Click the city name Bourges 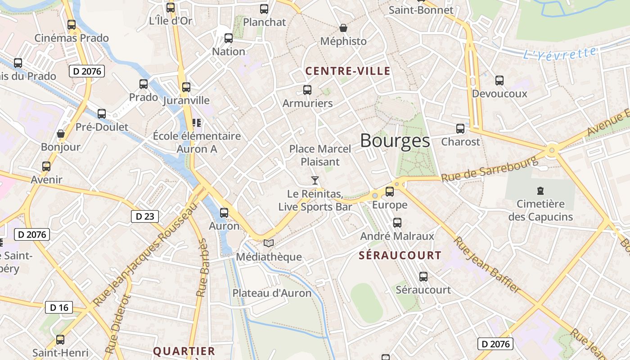point(395,141)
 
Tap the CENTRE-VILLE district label point(348,71)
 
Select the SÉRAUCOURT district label point(400,256)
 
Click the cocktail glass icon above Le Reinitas point(315,180)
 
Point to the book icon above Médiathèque point(269,243)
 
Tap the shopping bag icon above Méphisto point(343,28)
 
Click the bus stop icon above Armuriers point(307,90)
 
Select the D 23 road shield point(145,216)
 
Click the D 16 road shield point(59,308)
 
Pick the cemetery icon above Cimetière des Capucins point(540,191)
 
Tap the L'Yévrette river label point(560,54)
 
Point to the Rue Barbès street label point(202,268)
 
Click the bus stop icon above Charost point(460,129)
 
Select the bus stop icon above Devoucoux point(499,81)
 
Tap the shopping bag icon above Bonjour point(61,134)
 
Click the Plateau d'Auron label point(272,293)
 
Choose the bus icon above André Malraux point(397,222)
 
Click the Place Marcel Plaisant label point(320,155)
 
